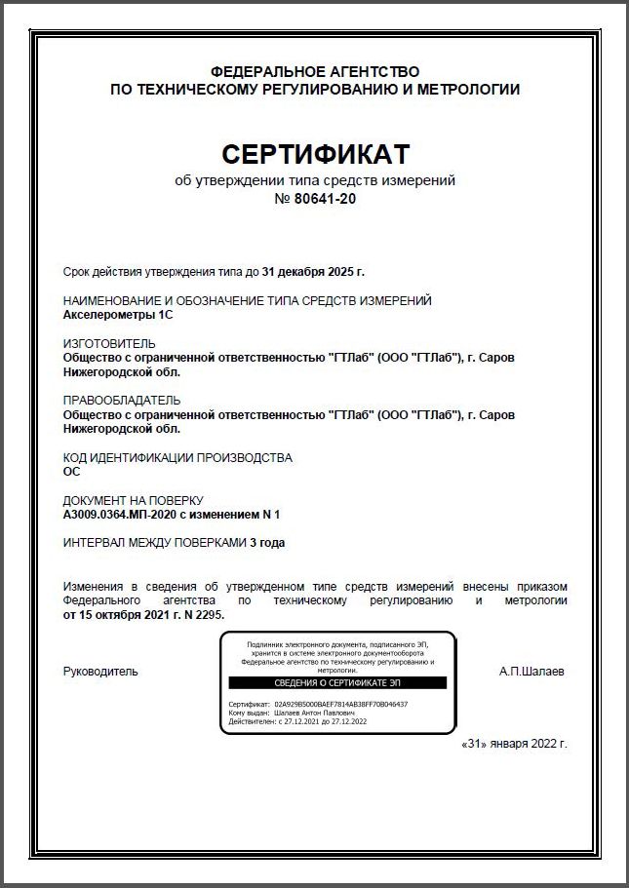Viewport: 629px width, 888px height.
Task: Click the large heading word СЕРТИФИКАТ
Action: pyautogui.click(x=315, y=154)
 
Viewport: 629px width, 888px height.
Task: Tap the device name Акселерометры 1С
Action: pyautogui.click(x=117, y=315)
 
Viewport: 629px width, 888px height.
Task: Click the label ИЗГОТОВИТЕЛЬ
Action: pyautogui.click(x=108, y=344)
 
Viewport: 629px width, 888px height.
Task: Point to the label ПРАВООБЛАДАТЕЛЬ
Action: pyautogui.click(x=122, y=401)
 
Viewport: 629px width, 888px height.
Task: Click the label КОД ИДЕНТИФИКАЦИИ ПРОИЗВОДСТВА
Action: pyautogui.click(x=177, y=457)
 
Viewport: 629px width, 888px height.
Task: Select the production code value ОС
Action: pyautogui.click(x=71, y=471)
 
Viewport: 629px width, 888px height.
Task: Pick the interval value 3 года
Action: pyautogui.click(x=267, y=542)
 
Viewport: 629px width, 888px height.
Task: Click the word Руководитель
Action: pyautogui.click(x=100, y=672)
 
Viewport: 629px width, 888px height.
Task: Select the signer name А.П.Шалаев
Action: pyautogui.click(x=531, y=672)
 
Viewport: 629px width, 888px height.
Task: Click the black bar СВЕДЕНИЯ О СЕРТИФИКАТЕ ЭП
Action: pyautogui.click(x=337, y=683)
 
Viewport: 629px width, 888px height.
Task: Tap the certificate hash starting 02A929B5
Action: pyautogui.click(x=341, y=704)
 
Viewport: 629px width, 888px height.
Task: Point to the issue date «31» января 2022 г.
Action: pyautogui.click(x=512, y=743)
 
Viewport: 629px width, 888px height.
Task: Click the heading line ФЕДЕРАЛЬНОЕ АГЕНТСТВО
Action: pyautogui.click(x=314, y=72)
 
